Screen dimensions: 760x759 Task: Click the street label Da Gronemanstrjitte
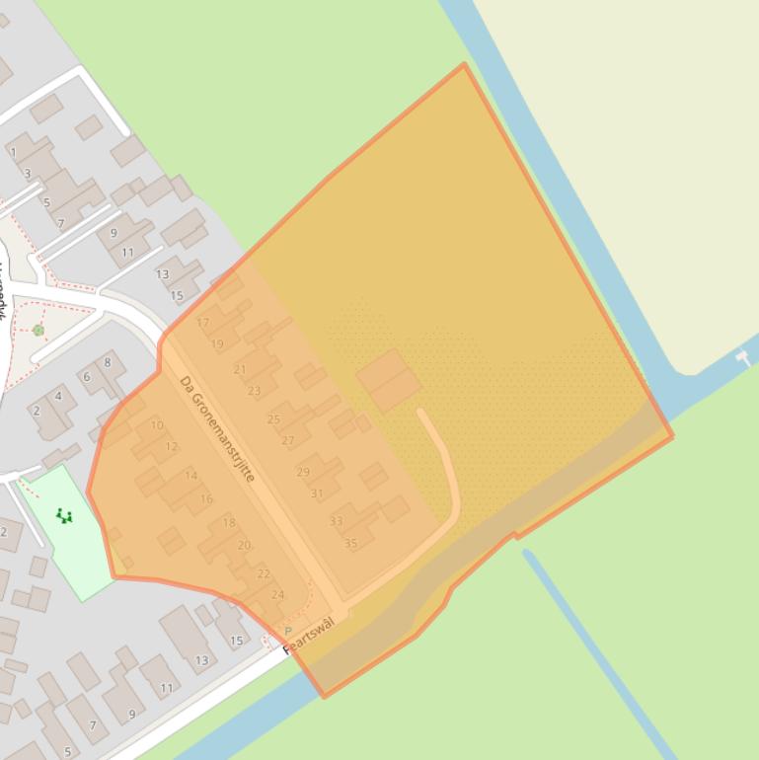(x=217, y=429)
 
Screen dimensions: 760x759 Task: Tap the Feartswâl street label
(x=309, y=636)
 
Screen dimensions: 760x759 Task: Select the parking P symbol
(x=288, y=631)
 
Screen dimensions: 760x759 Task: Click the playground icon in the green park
(x=64, y=515)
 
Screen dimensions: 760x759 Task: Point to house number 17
(x=203, y=323)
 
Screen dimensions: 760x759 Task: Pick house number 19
(x=217, y=344)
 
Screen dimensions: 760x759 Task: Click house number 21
(x=240, y=369)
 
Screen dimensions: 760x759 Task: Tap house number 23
(x=254, y=391)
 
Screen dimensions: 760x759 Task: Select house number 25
(x=273, y=419)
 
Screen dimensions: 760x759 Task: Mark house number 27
(x=288, y=441)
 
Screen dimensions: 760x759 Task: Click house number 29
(x=303, y=472)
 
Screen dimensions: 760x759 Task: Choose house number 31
(x=317, y=494)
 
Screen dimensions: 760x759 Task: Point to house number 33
(x=337, y=521)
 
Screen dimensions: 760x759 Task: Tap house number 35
(x=350, y=543)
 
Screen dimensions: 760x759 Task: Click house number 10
(x=157, y=425)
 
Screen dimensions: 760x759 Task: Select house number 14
(x=191, y=476)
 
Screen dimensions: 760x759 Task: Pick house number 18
(x=229, y=523)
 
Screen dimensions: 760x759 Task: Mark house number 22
(x=264, y=573)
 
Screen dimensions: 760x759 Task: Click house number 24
(x=277, y=595)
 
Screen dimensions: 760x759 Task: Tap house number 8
(x=108, y=362)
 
